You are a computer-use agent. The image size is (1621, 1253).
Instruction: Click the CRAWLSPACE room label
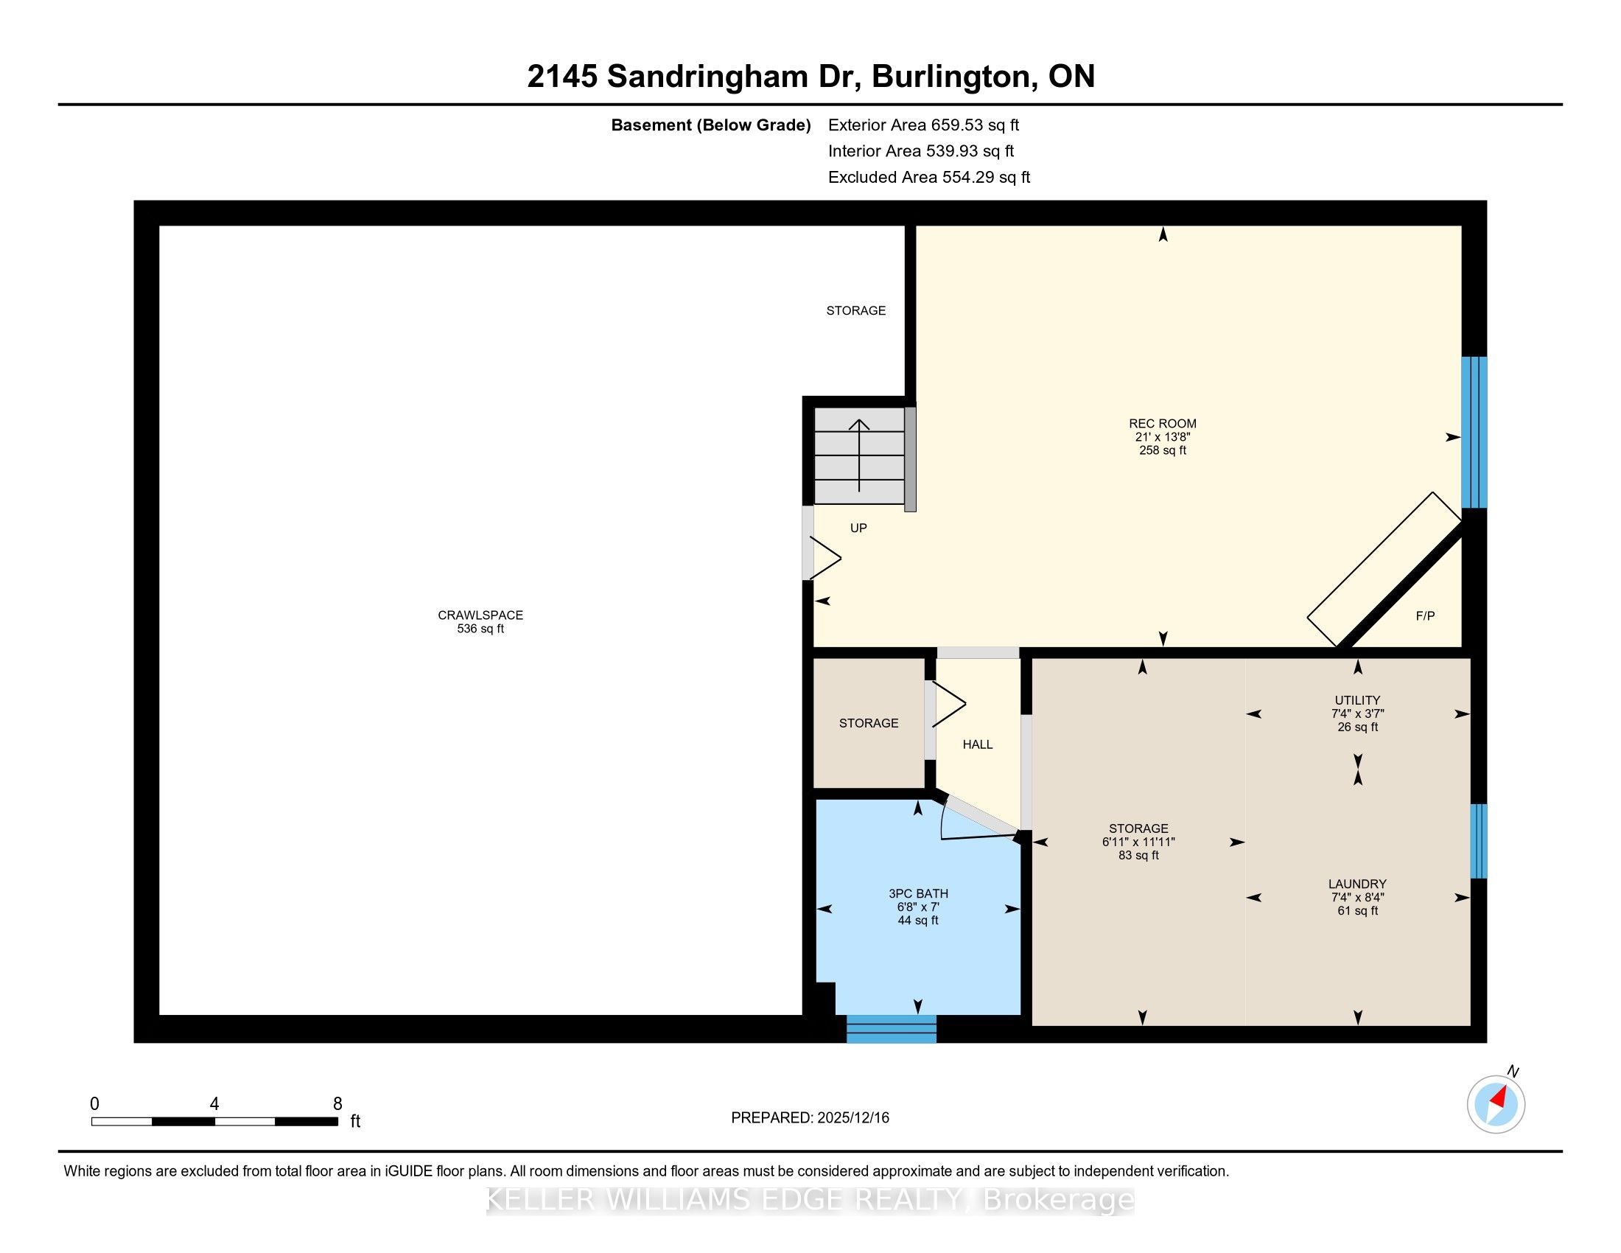coord(480,615)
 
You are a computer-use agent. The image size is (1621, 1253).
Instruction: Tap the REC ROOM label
coord(1162,424)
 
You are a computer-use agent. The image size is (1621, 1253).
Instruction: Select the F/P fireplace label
coord(1425,615)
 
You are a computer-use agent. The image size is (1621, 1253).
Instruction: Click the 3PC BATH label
coord(918,894)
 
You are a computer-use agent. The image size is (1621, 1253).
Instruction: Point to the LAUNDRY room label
coord(1357,884)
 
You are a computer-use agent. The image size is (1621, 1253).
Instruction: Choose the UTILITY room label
coord(1357,700)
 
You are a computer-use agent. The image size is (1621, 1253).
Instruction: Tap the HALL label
coord(978,744)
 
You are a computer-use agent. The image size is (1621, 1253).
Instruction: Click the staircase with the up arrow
coord(859,456)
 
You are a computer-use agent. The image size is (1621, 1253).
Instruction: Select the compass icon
coord(1496,1104)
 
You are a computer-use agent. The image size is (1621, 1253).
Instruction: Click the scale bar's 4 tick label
coord(214,1104)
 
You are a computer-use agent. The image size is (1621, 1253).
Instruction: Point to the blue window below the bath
coord(892,1029)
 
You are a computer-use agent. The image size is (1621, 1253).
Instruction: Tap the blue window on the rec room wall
coord(1474,432)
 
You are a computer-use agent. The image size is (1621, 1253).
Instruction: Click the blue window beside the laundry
coord(1479,841)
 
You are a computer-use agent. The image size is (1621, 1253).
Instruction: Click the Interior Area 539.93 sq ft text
coord(920,151)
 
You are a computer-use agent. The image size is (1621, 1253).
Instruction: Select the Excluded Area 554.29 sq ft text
coord(928,178)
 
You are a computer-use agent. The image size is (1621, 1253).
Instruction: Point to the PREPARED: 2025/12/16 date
coord(810,1118)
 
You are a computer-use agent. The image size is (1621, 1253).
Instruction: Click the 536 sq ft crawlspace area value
coord(480,629)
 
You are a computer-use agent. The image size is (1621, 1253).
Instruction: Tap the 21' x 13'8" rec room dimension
coord(1162,437)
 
